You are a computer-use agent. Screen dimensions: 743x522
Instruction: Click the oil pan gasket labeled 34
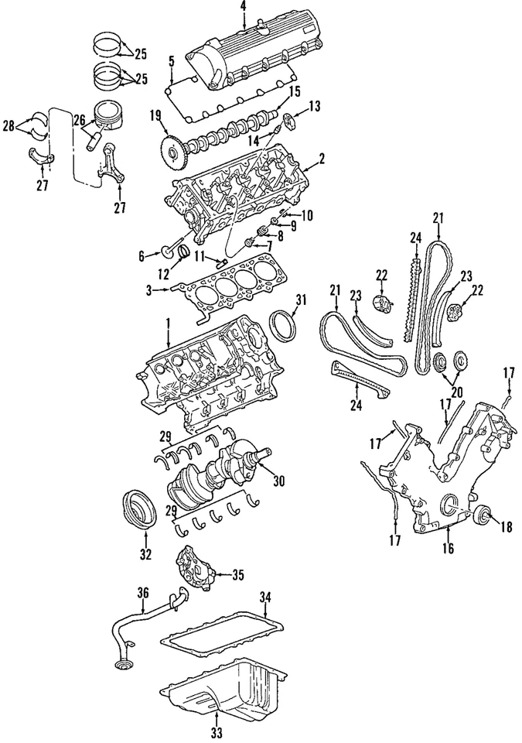coord(224,628)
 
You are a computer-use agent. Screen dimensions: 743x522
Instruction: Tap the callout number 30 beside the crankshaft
coord(278,481)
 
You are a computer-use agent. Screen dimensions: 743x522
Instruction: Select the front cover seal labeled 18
coord(483,515)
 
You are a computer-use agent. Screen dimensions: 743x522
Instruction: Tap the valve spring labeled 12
coord(184,253)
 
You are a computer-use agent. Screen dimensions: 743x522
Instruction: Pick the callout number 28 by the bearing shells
coord(8,125)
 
